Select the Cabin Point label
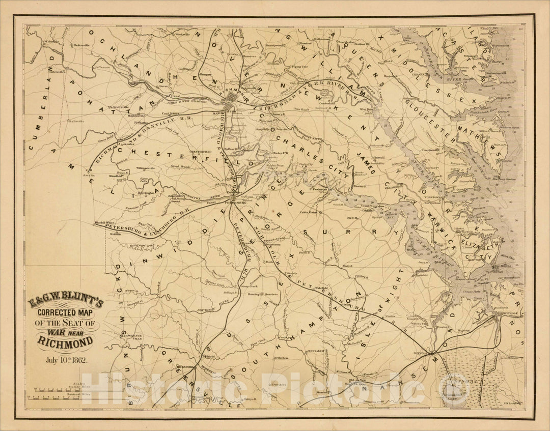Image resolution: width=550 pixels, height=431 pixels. (308, 212)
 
